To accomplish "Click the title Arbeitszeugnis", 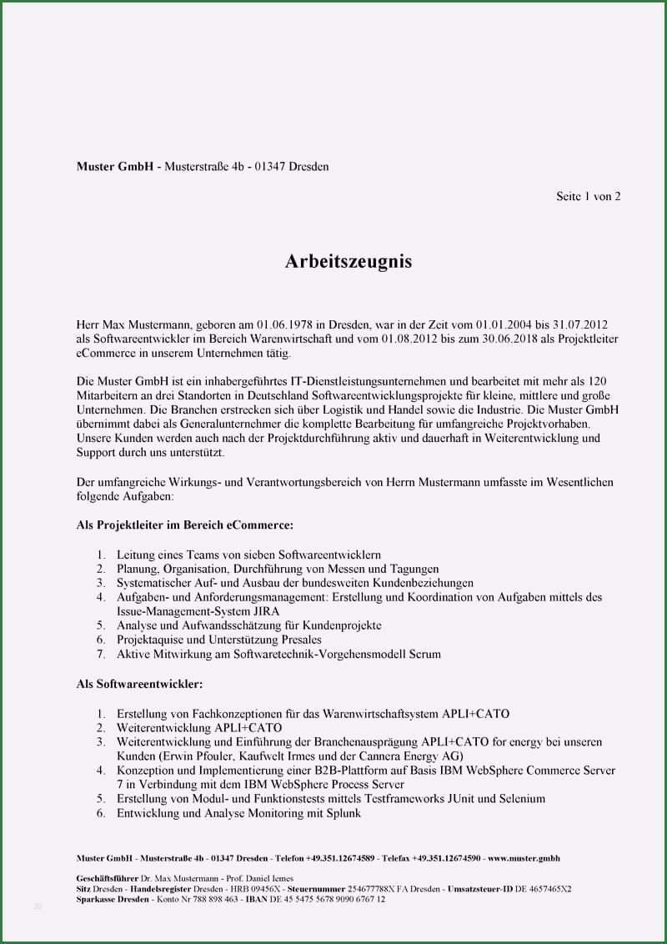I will click(349, 262).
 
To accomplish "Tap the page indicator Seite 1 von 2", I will click(589, 197).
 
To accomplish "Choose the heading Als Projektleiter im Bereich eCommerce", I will click(185, 525).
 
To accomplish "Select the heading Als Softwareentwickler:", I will click(140, 685).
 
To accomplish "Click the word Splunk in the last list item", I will click(342, 813).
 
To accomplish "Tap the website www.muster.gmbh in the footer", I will click(524, 858).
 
